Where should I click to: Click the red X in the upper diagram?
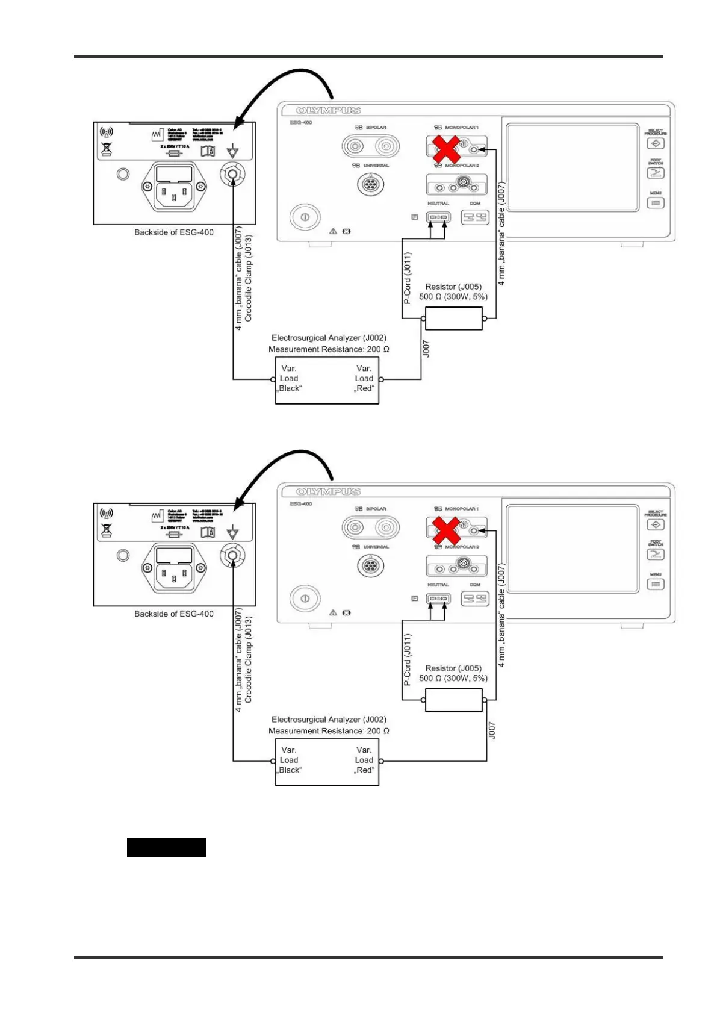pos(447,149)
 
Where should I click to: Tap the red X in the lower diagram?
pos(447,531)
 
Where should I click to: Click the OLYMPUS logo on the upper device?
pos(329,111)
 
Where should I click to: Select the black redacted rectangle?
pos(166,847)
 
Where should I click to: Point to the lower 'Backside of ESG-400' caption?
pos(173,614)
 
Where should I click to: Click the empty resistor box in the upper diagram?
pos(453,319)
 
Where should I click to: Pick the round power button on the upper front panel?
pos(305,217)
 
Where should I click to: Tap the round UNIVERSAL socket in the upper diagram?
pos(371,184)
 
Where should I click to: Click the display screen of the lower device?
pos(572,549)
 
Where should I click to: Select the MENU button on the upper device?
pos(655,203)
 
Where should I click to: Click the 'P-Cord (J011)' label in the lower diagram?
pos(408,659)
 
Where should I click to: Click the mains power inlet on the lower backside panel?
pos(174,568)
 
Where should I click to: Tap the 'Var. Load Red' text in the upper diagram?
pos(364,378)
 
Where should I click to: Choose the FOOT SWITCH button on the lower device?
pos(655,555)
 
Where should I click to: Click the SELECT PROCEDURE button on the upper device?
pos(655,143)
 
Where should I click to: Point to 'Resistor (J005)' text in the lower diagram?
pos(453,668)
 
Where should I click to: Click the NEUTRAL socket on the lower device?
pos(438,599)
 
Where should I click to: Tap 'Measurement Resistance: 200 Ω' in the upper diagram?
pos(329,349)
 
